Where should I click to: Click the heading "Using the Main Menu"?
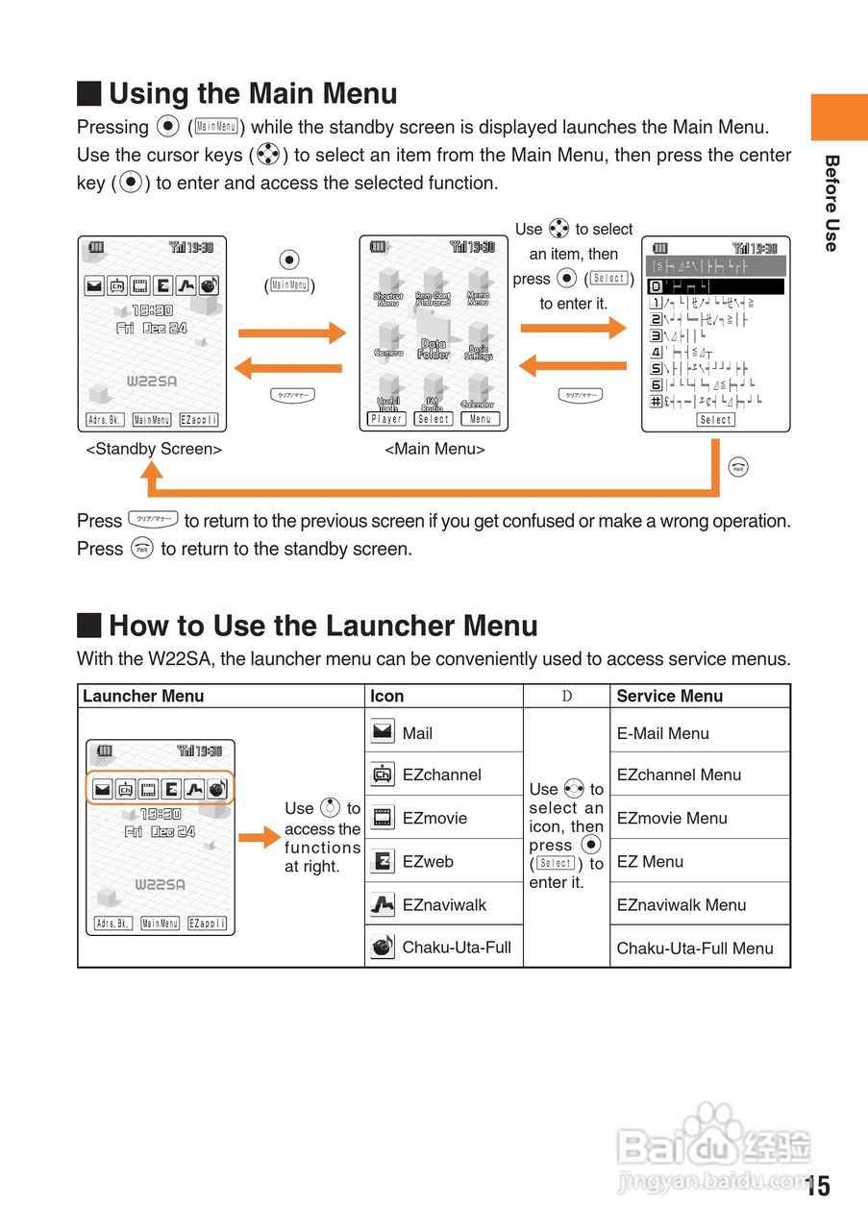(253, 94)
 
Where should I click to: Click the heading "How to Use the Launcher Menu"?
(323, 627)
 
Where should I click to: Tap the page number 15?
(818, 1186)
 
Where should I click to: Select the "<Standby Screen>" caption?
(154, 449)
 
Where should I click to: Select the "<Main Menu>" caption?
(434, 449)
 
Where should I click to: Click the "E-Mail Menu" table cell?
(663, 733)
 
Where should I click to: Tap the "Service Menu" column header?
(670, 696)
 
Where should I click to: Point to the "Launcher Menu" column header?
(143, 696)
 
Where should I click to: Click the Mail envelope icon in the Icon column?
(383, 732)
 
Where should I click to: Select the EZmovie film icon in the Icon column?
(383, 818)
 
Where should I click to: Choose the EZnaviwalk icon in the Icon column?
(383, 904)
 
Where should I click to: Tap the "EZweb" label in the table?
(428, 861)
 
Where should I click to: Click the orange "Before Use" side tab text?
(831, 203)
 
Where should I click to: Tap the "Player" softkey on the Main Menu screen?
(386, 419)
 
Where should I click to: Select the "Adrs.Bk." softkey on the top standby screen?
(105, 419)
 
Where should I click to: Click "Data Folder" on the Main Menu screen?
(434, 349)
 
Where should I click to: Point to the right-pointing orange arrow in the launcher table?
(259, 838)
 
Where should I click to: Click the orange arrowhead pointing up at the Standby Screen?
(151, 471)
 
